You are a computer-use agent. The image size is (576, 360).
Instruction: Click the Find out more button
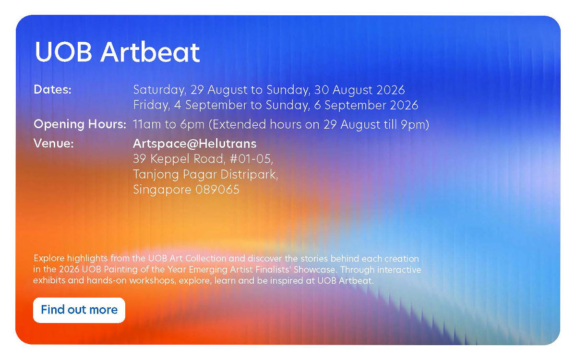tap(79, 310)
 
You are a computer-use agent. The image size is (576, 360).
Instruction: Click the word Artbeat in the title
tap(150, 52)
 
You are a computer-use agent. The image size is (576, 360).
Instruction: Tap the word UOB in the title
tap(63, 52)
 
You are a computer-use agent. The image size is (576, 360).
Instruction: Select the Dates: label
tap(52, 89)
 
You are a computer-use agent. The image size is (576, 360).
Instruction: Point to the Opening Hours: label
tap(80, 124)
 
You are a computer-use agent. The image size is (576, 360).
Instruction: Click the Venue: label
tap(54, 143)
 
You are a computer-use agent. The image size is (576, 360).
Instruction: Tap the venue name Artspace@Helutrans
tap(195, 144)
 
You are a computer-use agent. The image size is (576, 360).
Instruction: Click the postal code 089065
tap(217, 190)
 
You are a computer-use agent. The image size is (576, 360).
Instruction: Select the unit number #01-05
tap(251, 159)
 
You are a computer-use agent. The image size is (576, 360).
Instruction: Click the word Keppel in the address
tap(170, 159)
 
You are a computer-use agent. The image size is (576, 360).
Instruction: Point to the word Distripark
tap(249, 175)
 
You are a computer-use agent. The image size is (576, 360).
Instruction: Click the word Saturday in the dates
tap(159, 90)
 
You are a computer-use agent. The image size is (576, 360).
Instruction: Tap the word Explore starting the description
tap(49, 259)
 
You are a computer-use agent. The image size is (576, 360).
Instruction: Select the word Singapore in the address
tap(162, 190)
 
